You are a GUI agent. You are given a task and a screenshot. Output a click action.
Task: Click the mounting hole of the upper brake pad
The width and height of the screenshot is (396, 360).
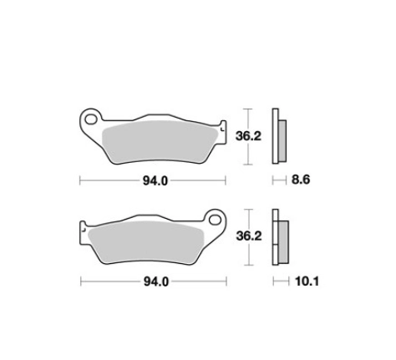coord(90,119)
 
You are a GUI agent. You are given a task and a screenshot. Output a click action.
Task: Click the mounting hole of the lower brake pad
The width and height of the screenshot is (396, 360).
coord(215,220)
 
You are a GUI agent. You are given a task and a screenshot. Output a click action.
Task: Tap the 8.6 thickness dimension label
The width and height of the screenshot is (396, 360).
coord(301,180)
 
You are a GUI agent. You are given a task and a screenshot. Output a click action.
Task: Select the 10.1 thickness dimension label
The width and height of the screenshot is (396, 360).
coord(307,281)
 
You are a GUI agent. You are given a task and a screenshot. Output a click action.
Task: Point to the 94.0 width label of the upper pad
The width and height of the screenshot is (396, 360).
coord(155,181)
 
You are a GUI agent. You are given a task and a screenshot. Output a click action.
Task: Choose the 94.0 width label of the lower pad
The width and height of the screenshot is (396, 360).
coord(156,281)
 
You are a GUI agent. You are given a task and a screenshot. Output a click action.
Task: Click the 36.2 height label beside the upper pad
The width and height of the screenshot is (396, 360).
coord(248,136)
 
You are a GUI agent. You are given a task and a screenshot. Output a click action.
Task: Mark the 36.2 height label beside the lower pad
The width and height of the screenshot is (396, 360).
coord(249,236)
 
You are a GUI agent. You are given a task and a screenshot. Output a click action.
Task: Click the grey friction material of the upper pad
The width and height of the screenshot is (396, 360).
coord(160,142)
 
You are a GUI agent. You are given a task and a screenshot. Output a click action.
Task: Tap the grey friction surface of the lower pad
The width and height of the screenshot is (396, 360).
coord(146,242)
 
